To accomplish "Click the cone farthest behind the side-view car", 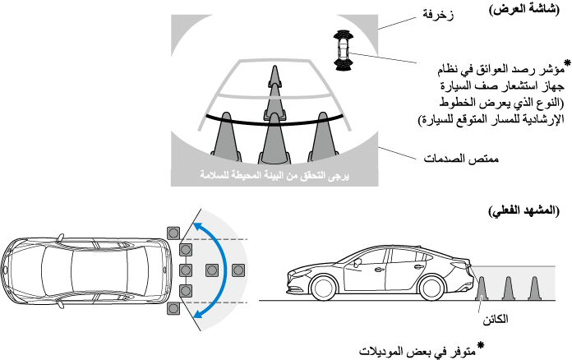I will [535, 287].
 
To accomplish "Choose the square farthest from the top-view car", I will [239, 270].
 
